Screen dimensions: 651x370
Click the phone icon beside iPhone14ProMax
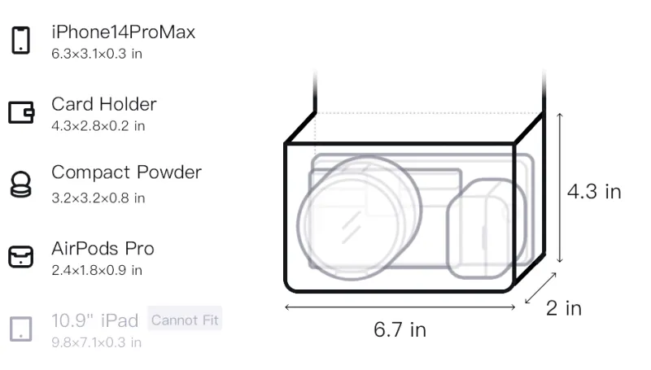(21, 40)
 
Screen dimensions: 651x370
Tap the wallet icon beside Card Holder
(21, 112)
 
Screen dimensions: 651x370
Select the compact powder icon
(20, 184)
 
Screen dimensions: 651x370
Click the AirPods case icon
(21, 257)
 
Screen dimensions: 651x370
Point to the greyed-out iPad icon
(21, 329)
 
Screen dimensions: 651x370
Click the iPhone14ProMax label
(124, 32)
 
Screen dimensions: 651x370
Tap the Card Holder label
(104, 104)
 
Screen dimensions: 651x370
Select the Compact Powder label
(127, 172)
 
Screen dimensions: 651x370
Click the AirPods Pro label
(103, 249)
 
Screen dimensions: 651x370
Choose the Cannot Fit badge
(185, 320)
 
